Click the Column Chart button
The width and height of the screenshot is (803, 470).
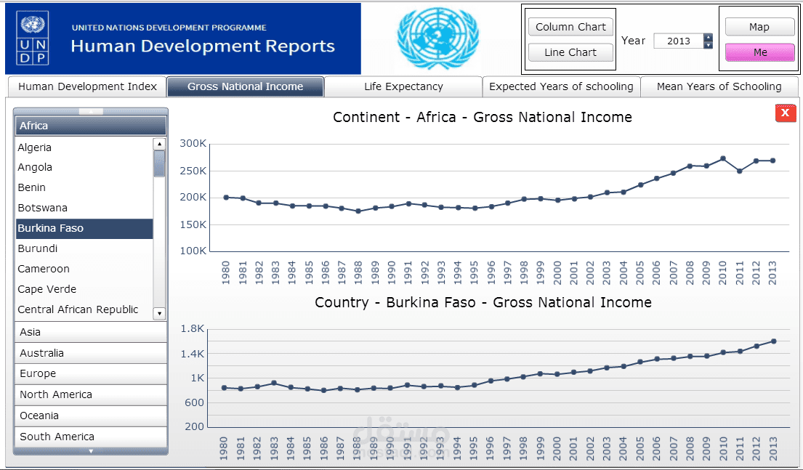[x=570, y=27]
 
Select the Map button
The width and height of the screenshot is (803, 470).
[x=759, y=27]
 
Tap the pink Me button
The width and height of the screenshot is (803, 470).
[x=760, y=52]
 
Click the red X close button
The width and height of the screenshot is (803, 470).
[x=785, y=113]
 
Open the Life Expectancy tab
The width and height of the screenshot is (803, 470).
[x=403, y=86]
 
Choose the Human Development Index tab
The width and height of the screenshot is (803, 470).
[x=87, y=86]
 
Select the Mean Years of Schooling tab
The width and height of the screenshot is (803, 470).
[x=719, y=86]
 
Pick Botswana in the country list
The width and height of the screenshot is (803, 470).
[x=42, y=208]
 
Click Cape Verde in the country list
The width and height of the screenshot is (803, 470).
[x=47, y=289]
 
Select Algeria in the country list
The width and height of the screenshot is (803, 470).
[x=34, y=147]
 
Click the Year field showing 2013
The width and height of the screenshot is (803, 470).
[x=679, y=41]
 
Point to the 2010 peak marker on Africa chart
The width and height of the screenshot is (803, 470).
[x=722, y=158]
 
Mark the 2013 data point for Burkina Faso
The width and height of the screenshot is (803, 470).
[x=773, y=341]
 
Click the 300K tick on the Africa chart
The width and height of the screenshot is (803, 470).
[x=193, y=143]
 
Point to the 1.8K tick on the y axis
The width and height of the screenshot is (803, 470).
[x=193, y=328]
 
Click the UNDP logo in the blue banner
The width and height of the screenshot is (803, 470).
[x=33, y=39]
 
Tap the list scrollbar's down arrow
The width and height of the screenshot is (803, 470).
[x=159, y=313]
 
